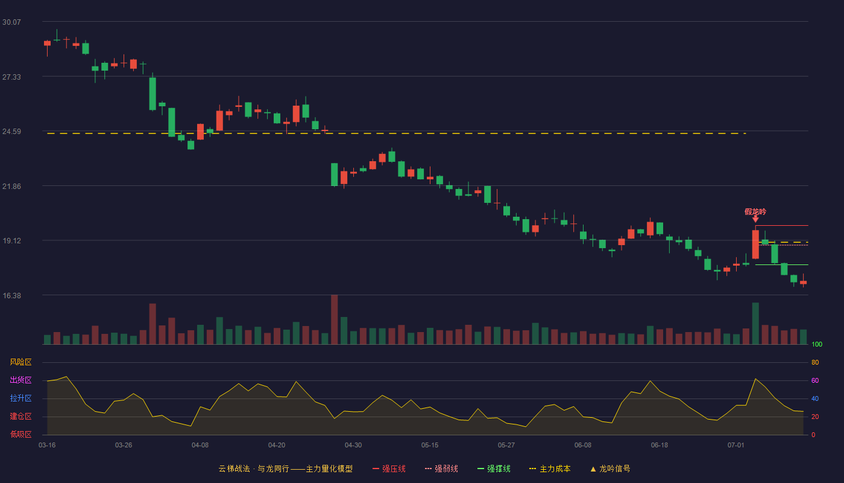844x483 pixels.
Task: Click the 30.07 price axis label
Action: (11, 22)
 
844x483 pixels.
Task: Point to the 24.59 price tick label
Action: (11, 132)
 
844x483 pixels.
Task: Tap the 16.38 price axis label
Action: (11, 295)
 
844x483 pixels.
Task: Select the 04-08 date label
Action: (200, 446)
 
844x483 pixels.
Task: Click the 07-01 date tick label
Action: (736, 446)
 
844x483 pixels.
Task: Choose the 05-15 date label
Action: (430, 446)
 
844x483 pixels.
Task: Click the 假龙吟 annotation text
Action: (755, 212)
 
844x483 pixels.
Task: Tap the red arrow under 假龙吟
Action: (755, 219)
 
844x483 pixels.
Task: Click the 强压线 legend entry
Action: (389, 469)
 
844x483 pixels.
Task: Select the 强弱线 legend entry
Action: (441, 469)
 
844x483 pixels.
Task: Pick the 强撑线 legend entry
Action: (494, 469)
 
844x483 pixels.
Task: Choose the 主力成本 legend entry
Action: (550, 469)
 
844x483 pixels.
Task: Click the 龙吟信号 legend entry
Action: (610, 469)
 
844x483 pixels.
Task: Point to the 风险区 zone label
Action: (20, 362)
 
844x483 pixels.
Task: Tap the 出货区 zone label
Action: (20, 380)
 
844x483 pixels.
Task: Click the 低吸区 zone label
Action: (20, 434)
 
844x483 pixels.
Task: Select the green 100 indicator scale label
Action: (817, 344)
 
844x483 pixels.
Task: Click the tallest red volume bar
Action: (334, 319)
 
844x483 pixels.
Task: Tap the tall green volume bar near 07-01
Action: (755, 324)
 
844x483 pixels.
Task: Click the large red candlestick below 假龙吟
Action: (755, 245)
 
